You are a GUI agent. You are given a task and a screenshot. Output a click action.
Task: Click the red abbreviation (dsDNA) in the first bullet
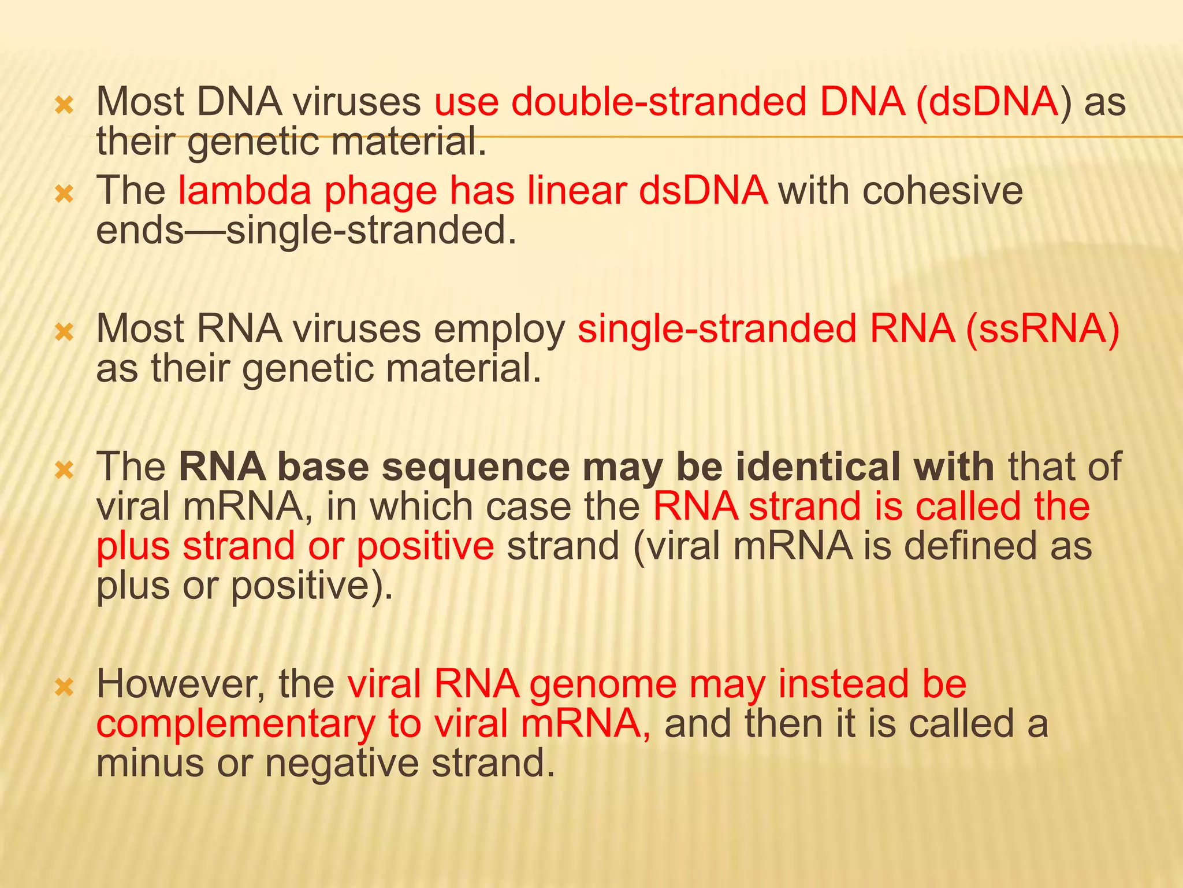click(x=988, y=103)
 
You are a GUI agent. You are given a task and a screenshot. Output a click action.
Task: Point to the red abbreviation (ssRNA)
click(x=1042, y=330)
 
